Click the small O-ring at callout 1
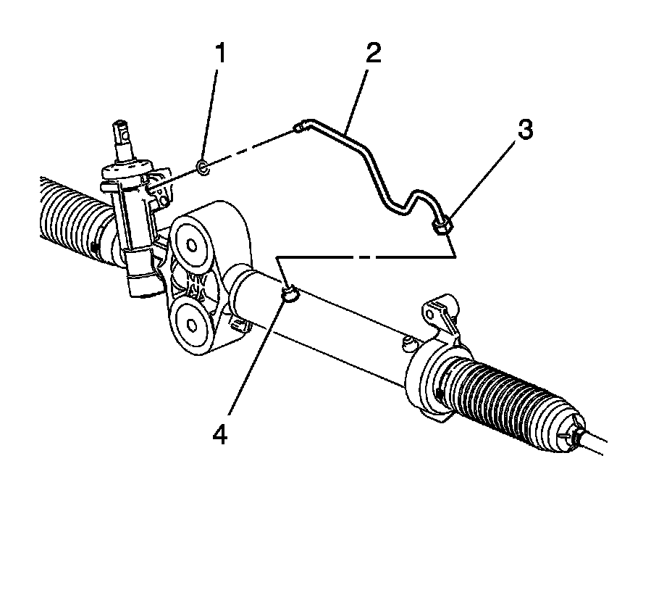(203, 169)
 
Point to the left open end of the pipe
(298, 128)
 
